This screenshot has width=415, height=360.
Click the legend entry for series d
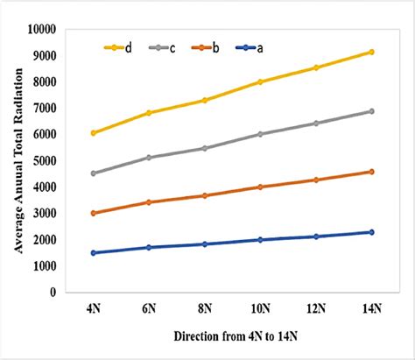click(x=116, y=47)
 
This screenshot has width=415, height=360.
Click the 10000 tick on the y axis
click(x=40, y=29)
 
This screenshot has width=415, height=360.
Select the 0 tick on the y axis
click(x=53, y=292)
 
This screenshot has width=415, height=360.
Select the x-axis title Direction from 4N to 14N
click(x=232, y=336)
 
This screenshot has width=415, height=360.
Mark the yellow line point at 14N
click(x=371, y=52)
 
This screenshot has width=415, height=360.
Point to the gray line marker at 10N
click(x=260, y=134)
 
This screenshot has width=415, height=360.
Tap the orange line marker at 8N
click(x=205, y=195)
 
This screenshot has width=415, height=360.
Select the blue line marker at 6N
click(x=150, y=247)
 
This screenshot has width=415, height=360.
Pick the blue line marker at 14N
click(x=371, y=232)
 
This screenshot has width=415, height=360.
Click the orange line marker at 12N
click(x=316, y=180)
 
